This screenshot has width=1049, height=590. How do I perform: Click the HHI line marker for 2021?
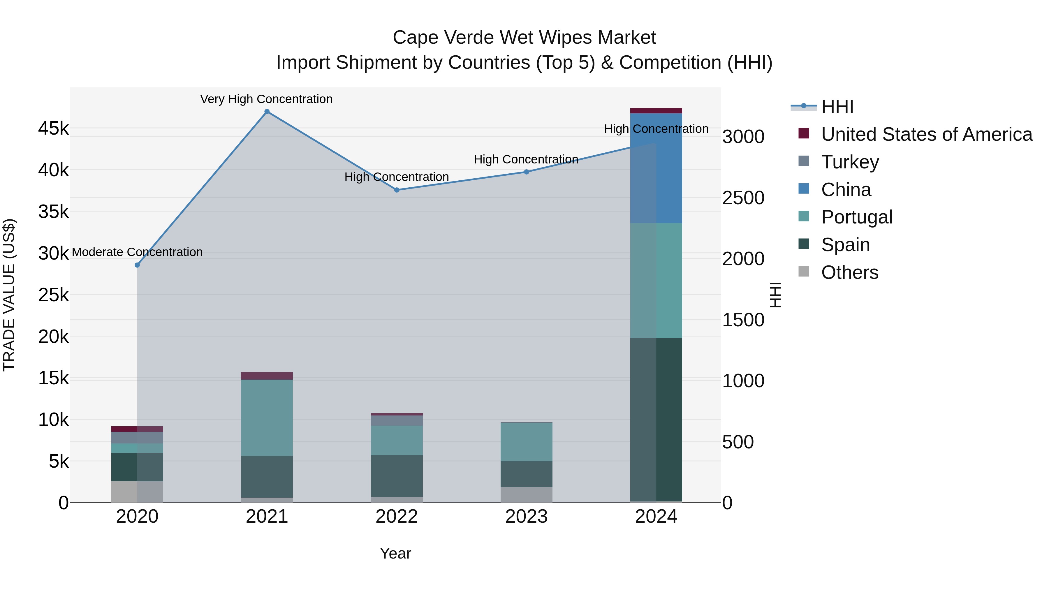tap(267, 112)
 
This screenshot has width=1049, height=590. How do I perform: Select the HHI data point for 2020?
tap(137, 265)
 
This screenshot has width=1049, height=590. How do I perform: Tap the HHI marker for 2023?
tap(526, 172)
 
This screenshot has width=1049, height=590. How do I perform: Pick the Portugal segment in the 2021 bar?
tap(267, 417)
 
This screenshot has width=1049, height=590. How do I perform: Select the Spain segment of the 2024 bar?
tap(656, 419)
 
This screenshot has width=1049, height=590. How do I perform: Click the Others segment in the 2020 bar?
tap(137, 492)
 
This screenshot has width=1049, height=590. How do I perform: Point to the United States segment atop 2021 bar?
tap(267, 376)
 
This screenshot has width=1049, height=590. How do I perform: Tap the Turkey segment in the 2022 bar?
tap(397, 420)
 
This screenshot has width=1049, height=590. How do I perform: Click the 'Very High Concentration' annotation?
tap(266, 99)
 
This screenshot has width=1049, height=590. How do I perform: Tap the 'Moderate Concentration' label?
tap(137, 252)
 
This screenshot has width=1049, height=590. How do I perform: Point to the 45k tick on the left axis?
tap(53, 129)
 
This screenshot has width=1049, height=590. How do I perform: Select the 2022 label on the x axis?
tap(397, 517)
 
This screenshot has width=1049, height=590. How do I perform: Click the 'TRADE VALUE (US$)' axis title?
tap(9, 295)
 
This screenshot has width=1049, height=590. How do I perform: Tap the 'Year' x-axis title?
tap(395, 553)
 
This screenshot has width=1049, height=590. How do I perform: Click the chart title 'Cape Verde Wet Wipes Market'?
tap(524, 38)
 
